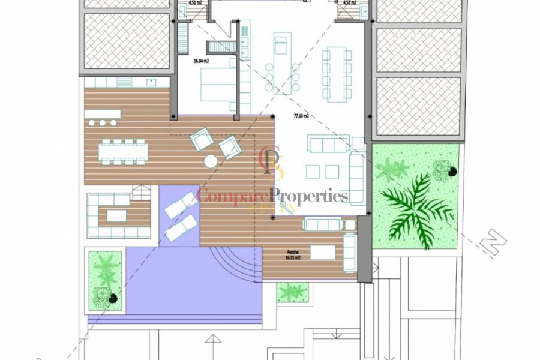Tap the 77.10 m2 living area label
pyautogui.click(x=300, y=116)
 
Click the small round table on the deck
pyautogui.click(x=211, y=161)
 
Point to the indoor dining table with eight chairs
pyautogui.click(x=337, y=74)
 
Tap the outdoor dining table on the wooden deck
pyautogui.click(x=123, y=151)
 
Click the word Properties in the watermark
pyautogui.click(x=308, y=196)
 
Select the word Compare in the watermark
pyautogui.click(x=233, y=196)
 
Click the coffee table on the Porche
pyautogui.click(x=323, y=253)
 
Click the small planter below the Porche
pyautogui.click(x=292, y=292)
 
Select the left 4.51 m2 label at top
pyautogui.click(x=194, y=2)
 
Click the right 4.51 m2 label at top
pyautogui.click(x=349, y=2)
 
